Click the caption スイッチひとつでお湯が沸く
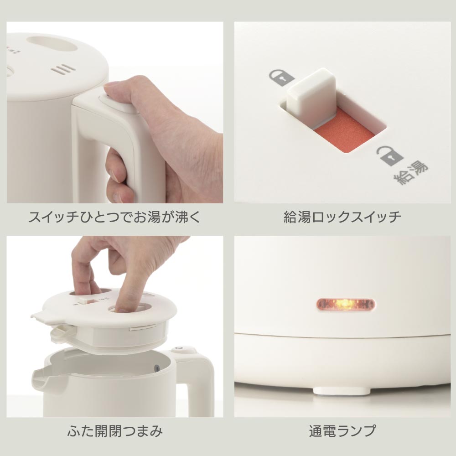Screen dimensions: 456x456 [x=114, y=217]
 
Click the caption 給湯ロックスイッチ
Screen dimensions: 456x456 [x=342, y=217]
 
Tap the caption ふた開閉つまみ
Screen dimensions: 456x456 [x=114, y=431]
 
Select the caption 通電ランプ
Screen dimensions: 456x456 [x=342, y=431]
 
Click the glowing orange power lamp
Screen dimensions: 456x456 [x=346, y=305]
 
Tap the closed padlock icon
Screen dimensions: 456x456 [x=281, y=77]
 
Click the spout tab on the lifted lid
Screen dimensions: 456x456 [x=44, y=317]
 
